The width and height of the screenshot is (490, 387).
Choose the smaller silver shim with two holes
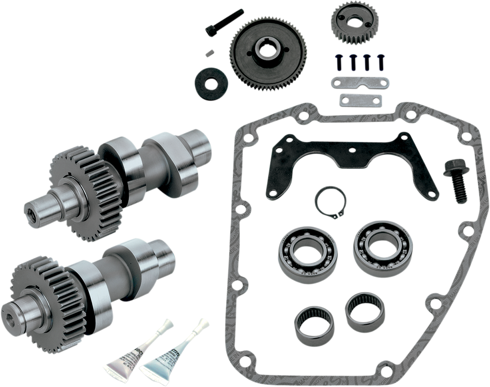pos(360,100)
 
